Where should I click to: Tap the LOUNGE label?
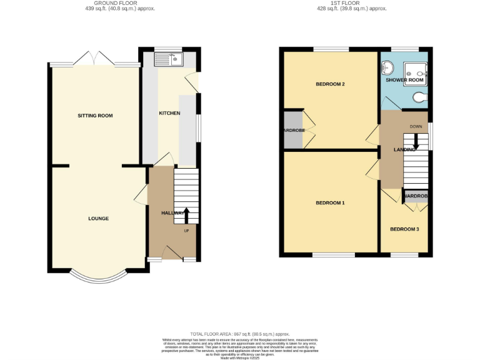coord(99,219)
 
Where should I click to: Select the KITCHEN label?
coord(169,113)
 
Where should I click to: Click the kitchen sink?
coord(167,60)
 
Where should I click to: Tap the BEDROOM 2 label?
coord(331,84)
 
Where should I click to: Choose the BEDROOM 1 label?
coord(330,203)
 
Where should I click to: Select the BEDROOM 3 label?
coord(404,229)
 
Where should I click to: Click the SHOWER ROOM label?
coord(404,81)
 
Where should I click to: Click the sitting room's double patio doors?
coord(93,61)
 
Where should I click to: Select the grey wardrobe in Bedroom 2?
coord(292,130)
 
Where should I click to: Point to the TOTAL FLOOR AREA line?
coord(240,335)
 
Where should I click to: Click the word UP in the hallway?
coord(186,231)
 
